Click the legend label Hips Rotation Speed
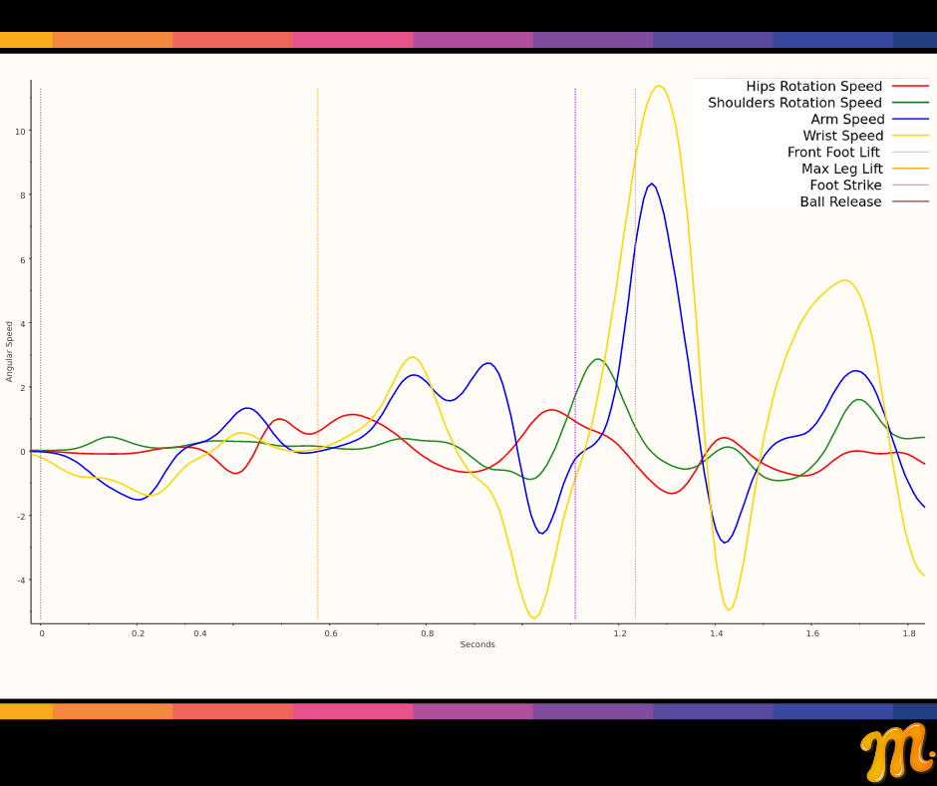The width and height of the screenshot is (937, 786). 813,87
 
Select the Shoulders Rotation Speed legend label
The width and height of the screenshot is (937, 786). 794,103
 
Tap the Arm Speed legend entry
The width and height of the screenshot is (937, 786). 846,120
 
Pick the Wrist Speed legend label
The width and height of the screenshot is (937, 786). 842,136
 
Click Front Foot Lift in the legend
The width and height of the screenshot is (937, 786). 834,153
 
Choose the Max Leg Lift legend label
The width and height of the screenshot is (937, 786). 841,169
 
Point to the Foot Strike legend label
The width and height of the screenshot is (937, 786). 845,186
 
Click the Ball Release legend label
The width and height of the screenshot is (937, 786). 840,201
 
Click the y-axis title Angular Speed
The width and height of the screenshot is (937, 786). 10,351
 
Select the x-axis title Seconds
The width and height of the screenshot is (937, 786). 477,644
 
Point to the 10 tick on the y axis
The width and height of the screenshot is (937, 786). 20,131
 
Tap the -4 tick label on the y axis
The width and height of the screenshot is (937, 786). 20,581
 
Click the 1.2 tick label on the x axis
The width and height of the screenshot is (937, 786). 619,633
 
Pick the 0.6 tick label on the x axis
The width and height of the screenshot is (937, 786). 331,633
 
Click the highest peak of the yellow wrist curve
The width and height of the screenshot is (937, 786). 659,86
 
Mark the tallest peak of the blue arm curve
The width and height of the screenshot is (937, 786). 652,184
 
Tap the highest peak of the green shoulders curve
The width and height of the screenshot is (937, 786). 597,359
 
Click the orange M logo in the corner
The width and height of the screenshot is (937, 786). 896,752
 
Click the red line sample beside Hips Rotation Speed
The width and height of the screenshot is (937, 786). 910,87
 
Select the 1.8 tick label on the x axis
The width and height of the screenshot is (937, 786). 909,633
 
